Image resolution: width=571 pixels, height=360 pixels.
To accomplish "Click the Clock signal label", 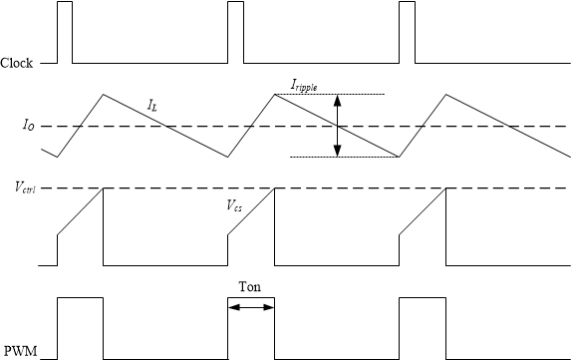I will click(17, 64).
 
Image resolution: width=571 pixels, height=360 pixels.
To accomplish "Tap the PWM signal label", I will click(19, 351).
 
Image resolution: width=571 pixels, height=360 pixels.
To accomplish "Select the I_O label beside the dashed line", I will click(29, 126).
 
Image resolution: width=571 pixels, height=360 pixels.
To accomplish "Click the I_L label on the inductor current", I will click(152, 104).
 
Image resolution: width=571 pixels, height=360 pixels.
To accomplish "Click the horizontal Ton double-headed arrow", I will click(251, 308).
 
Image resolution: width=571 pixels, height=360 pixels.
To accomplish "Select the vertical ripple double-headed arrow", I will click(338, 126).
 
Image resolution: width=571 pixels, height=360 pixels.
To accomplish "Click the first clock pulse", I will click(65, 32).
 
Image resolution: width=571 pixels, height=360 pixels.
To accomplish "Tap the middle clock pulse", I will click(235, 32).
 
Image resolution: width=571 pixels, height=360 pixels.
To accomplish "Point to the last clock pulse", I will click(407, 32).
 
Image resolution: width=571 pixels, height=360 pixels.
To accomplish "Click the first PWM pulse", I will click(80, 327).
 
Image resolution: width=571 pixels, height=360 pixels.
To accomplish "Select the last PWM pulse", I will click(422, 327).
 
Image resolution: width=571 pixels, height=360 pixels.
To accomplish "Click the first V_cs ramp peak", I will click(102, 189).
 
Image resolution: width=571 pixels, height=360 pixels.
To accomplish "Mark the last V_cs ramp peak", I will click(444, 189).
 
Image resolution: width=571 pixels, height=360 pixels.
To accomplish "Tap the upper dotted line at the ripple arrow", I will click(339, 94).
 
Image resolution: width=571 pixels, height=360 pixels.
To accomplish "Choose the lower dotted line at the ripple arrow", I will click(339, 157).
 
